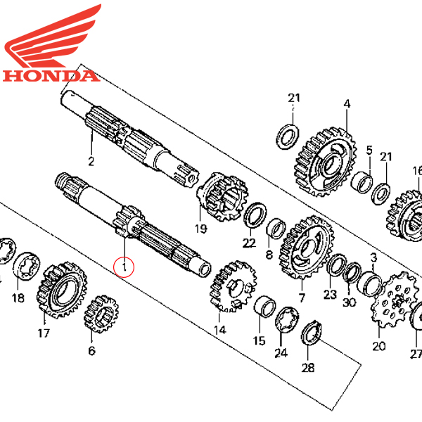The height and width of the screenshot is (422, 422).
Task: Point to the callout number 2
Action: click(91, 162)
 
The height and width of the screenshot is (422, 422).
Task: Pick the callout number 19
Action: click(201, 228)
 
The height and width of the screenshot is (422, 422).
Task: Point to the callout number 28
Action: click(307, 367)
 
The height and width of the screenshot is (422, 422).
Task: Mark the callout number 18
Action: click(18, 298)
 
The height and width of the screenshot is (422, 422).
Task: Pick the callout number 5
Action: click(369, 149)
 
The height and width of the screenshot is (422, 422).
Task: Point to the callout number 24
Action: click(281, 353)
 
